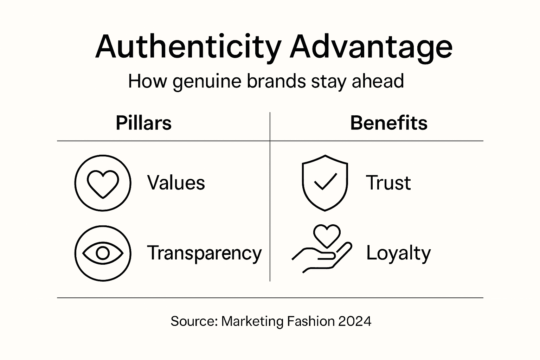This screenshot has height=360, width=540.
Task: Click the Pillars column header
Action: click(143, 123)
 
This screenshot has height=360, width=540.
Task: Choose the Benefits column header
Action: click(389, 123)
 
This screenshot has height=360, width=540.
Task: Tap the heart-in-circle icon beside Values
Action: click(103, 183)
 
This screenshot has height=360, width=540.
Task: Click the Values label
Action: click(176, 183)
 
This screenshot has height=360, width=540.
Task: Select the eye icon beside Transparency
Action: click(103, 253)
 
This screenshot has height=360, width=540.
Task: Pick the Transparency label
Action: click(204, 253)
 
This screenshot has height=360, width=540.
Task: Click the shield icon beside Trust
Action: click(325, 183)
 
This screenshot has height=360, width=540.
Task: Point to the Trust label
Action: click(388, 183)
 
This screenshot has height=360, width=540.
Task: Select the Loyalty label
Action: click(398, 253)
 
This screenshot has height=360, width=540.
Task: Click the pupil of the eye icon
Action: click(103, 253)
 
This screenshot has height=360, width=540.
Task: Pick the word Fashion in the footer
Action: click(311, 321)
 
